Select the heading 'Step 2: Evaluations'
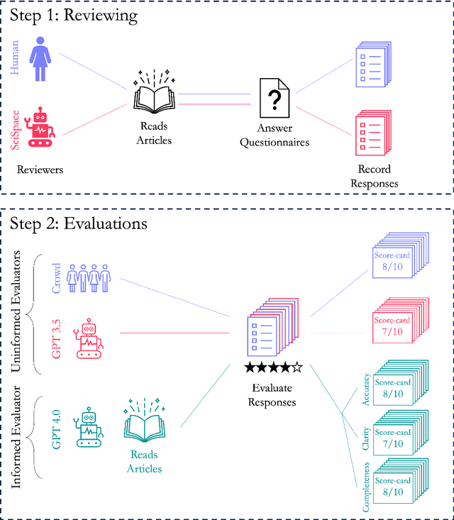coord(78,224)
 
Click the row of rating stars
coord(273,367)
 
